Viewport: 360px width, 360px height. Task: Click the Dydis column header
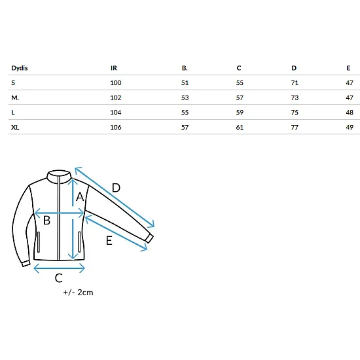(x=20, y=68)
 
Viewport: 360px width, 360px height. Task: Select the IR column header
(x=114, y=68)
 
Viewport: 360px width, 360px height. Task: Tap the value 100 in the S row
(x=116, y=83)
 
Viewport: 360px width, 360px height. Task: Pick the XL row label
(x=15, y=127)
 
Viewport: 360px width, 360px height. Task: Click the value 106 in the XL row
(x=116, y=127)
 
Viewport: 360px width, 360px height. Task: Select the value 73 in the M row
(x=295, y=98)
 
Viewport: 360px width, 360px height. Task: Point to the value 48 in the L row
(x=350, y=113)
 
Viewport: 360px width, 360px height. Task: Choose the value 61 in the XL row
(x=240, y=127)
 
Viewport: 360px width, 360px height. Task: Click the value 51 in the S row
(x=185, y=83)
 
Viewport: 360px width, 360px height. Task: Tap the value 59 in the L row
(x=240, y=113)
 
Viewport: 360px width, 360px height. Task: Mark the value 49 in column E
(x=350, y=127)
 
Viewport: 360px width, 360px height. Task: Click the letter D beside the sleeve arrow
(x=116, y=188)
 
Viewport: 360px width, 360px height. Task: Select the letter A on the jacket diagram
(x=80, y=197)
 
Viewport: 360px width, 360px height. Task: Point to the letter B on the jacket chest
(x=46, y=221)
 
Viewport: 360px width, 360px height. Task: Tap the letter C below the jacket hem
(x=59, y=278)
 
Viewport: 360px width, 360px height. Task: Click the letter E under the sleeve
(x=109, y=241)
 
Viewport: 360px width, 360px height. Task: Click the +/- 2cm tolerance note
(x=79, y=293)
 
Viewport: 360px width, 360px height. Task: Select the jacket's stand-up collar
(x=59, y=177)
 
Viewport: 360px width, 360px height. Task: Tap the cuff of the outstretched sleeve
(x=149, y=238)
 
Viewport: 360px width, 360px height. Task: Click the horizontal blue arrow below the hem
(x=59, y=268)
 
